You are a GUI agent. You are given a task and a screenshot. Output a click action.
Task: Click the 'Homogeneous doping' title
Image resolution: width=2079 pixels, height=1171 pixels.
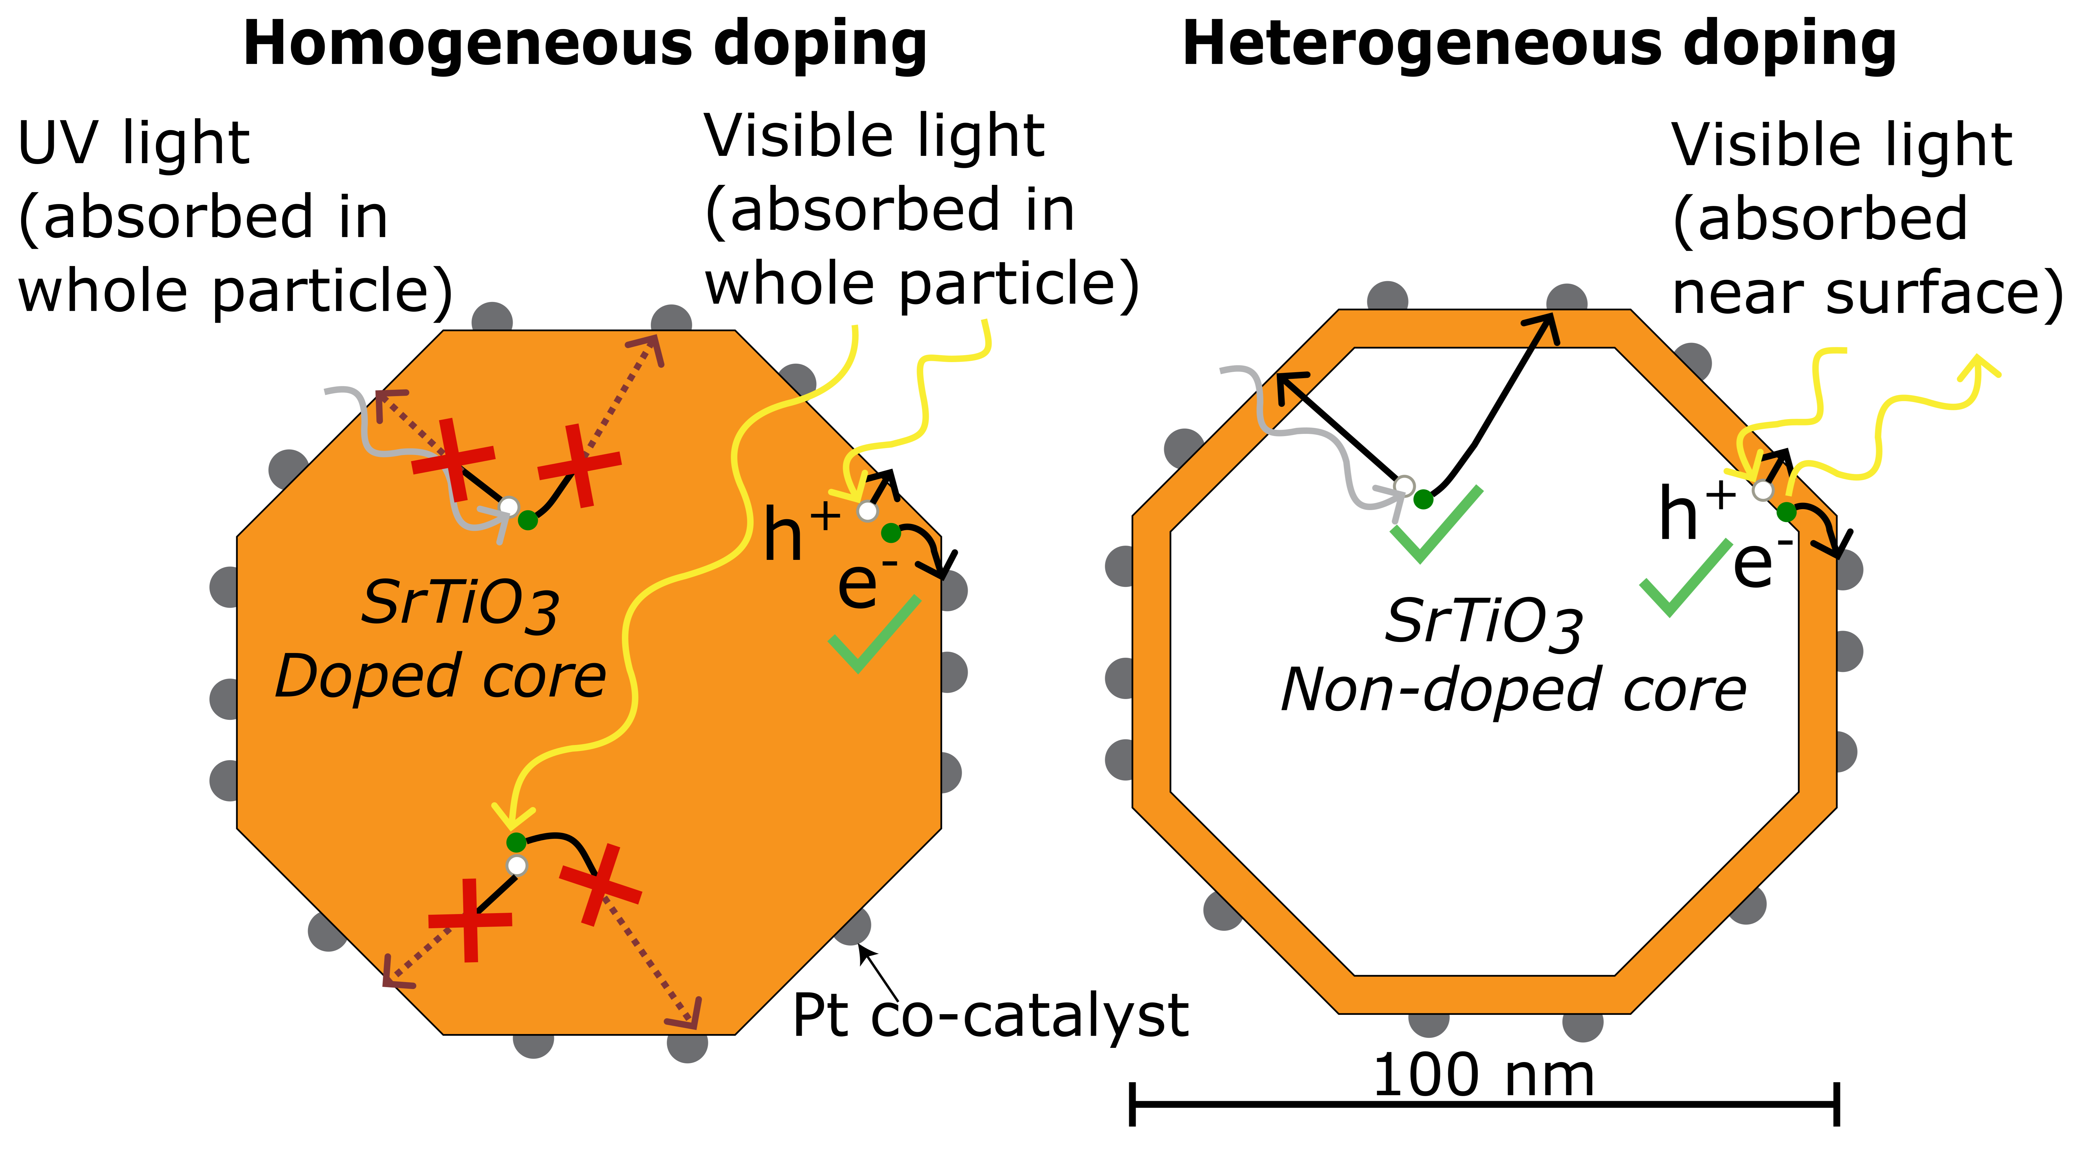(x=585, y=44)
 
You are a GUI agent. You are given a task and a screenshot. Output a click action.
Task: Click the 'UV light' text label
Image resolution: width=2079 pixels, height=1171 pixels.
(x=133, y=144)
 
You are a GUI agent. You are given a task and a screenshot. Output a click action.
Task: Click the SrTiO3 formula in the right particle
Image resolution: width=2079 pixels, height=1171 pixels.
(x=1483, y=623)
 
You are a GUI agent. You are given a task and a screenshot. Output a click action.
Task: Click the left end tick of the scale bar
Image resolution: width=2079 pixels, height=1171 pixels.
(x=1132, y=1104)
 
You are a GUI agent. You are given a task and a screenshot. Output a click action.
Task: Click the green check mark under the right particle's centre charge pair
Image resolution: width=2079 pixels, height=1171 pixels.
(x=1437, y=525)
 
